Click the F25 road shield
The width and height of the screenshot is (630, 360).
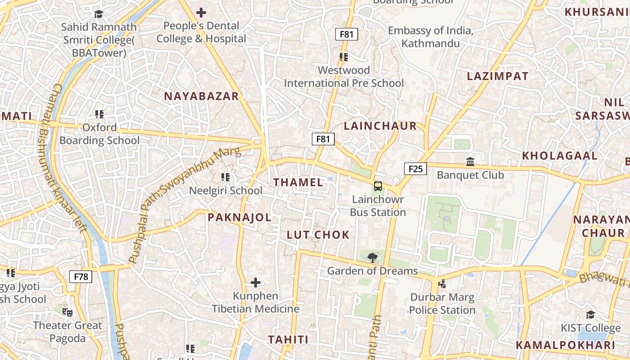click(415, 169)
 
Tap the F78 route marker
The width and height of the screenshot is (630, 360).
click(81, 276)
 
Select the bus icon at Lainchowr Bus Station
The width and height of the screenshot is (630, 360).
click(378, 186)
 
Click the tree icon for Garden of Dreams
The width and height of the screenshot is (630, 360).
click(372, 257)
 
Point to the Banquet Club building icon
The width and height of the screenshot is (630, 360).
click(470, 161)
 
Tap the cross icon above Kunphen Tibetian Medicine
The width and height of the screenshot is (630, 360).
click(256, 283)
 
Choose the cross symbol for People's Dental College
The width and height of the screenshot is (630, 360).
click(201, 13)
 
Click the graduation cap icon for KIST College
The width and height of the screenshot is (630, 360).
click(590, 315)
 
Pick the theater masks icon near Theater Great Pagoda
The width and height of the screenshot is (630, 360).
click(67, 312)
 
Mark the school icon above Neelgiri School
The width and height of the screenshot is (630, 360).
click(225, 177)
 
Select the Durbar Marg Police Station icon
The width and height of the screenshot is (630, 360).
click(442, 283)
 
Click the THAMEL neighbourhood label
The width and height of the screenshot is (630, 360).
click(298, 182)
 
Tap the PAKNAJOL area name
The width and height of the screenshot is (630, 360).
click(239, 218)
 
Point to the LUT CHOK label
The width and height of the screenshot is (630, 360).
click(318, 234)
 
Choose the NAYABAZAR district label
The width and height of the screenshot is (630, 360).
click(201, 96)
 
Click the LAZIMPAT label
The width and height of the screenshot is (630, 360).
click(498, 76)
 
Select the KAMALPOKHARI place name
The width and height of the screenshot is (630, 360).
click(565, 345)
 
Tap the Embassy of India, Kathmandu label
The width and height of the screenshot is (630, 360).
click(431, 37)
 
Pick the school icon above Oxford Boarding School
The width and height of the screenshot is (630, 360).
click(99, 114)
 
